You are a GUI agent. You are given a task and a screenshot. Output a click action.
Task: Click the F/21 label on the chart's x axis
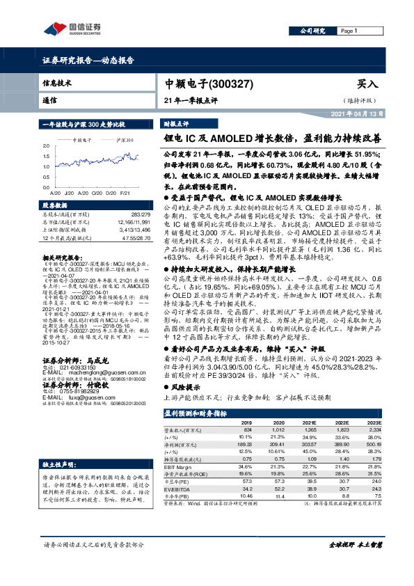tap(125, 192)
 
